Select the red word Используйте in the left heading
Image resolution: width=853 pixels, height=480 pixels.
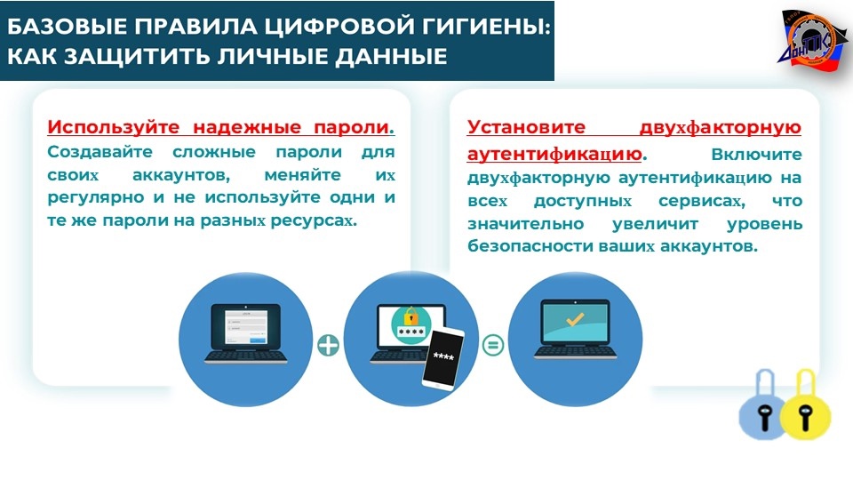pos(113,127)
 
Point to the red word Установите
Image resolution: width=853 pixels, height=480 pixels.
pos(526,127)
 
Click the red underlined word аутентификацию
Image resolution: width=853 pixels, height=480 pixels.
pos(554,154)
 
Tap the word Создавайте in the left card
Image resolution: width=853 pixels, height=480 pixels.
pos(100,152)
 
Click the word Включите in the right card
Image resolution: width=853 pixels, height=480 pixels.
pos(756,155)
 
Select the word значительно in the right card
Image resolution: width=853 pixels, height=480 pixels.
pos(525,224)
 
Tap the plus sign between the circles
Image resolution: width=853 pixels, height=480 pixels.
pos(328,345)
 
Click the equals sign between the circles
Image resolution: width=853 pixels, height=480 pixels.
pos(493,345)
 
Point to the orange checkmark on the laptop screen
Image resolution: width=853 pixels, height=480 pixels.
pos(575,319)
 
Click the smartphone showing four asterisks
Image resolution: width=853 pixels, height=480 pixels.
pos(443,358)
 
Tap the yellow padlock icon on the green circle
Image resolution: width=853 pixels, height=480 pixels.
pos(411,315)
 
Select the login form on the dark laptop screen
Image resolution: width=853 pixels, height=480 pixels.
pos(246,328)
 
